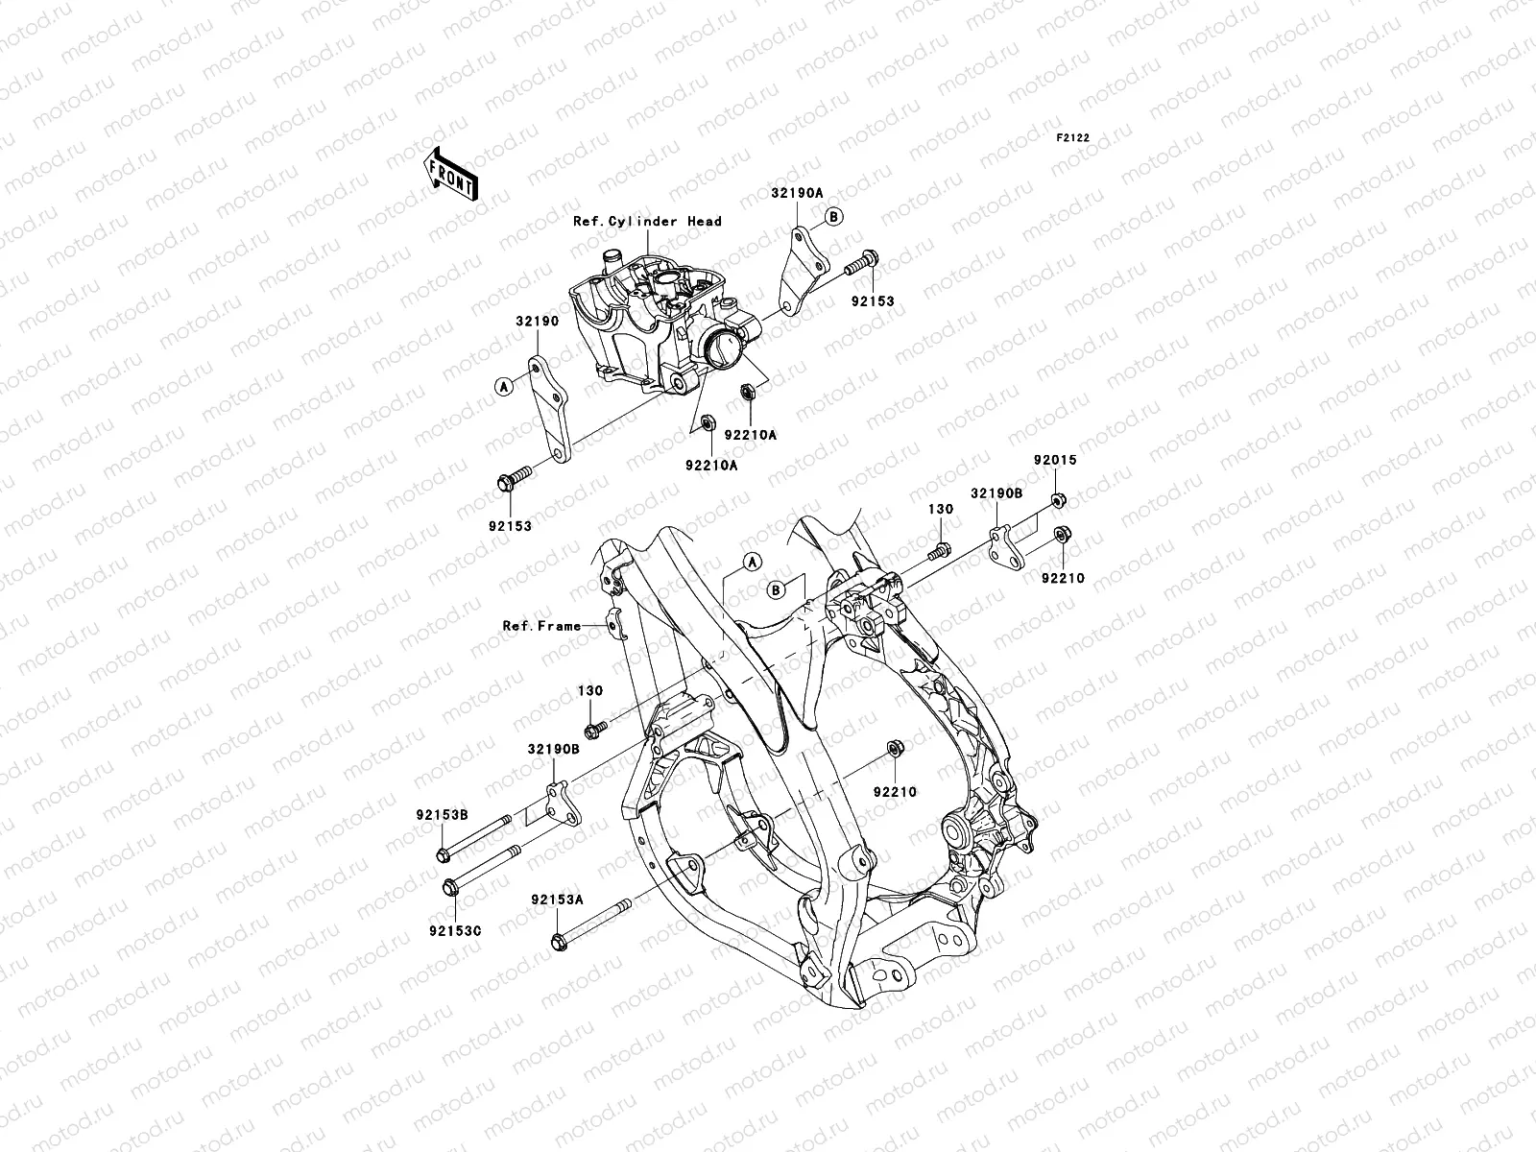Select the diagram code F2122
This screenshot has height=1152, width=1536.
pos(1073,138)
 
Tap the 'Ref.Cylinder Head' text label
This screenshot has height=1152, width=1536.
pos(660,221)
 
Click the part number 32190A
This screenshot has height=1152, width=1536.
pos(796,192)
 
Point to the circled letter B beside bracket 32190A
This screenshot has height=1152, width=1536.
pos(833,217)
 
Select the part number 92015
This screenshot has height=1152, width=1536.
pos(1055,460)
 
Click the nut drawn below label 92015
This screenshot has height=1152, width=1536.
pos(1057,498)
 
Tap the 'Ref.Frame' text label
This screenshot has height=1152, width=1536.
pos(541,626)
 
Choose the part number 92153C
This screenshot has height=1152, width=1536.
pos(455,930)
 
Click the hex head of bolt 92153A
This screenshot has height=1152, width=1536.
pos(560,943)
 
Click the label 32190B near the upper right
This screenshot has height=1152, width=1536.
pos(996,493)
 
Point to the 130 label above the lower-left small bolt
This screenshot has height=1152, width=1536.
pos(589,691)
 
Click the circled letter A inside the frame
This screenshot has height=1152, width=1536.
pos(751,561)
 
